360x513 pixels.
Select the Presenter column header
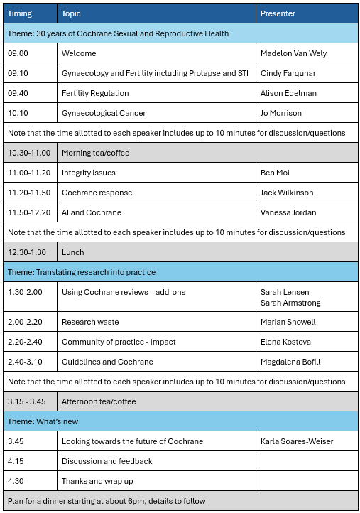pyautogui.click(x=278, y=13)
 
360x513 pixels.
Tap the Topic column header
pyautogui.click(x=71, y=13)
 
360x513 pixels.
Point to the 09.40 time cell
pyautogui.click(x=18, y=93)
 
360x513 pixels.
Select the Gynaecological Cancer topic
pyautogui.click(x=104, y=113)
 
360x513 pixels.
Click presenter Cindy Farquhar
pyautogui.click(x=288, y=73)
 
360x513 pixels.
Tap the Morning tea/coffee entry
pyautogui.click(x=99, y=153)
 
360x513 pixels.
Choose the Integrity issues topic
pyautogui.click(x=89, y=173)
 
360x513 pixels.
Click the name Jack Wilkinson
pyautogui.click(x=288, y=193)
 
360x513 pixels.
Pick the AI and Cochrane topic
pyautogui.click(x=92, y=212)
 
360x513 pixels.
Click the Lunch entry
pyautogui.click(x=73, y=252)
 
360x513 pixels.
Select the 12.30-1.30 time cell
pyautogui.click(x=27, y=252)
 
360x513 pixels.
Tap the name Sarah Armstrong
pyautogui.click(x=291, y=303)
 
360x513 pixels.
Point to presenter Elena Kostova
pyautogui.click(x=285, y=342)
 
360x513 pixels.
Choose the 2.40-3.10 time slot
pyautogui.click(x=25, y=362)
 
